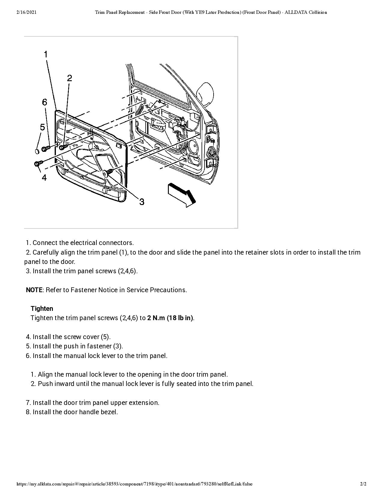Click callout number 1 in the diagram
(x=46, y=54)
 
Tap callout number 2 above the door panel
(x=69, y=78)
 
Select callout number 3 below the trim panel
(x=141, y=202)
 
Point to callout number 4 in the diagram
(x=44, y=177)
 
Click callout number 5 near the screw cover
(x=42, y=127)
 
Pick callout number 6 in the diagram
(x=44, y=102)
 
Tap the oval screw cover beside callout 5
(x=37, y=151)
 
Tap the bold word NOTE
(x=34, y=290)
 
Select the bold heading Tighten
(x=42, y=309)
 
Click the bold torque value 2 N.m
(x=156, y=318)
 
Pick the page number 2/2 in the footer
(x=363, y=484)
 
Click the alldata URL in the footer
(x=134, y=484)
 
